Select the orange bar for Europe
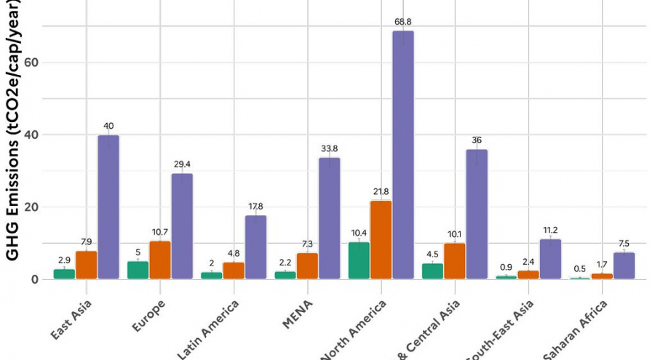pos(160,260)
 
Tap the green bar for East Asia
pos(64,273)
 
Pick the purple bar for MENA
pos(329,217)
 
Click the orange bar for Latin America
pos(234,270)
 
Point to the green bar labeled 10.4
pos(359,260)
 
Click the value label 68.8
pos(402,23)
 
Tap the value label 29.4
pos(182,165)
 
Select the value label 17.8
pos(255,207)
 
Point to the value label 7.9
pos(87,242)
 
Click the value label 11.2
pos(550,231)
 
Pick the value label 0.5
pos(580,268)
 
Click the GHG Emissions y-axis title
pos(12,131)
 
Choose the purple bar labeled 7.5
pos(624,265)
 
